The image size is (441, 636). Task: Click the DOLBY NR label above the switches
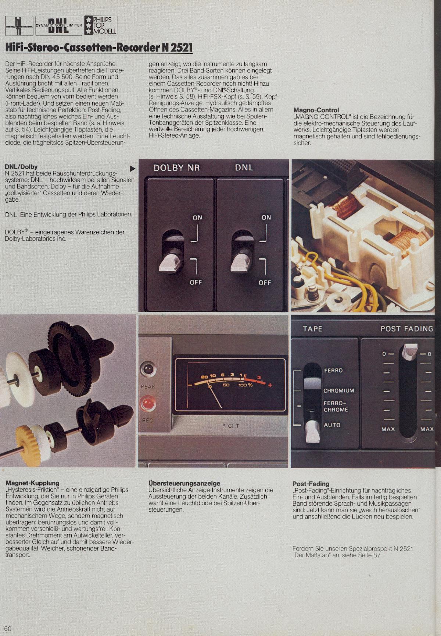[176, 168]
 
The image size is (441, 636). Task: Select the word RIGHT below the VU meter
[230, 426]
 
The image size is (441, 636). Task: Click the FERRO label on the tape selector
[333, 371]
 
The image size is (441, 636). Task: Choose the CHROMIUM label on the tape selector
[339, 391]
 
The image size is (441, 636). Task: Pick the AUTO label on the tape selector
[332, 425]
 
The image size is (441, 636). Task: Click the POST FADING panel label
[407, 329]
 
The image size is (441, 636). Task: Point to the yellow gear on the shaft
[26, 434]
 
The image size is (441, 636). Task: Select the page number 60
[8, 628]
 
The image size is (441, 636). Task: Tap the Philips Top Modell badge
[100, 25]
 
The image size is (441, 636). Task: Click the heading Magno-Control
[316, 110]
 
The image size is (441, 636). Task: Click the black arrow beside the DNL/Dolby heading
[133, 169]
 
